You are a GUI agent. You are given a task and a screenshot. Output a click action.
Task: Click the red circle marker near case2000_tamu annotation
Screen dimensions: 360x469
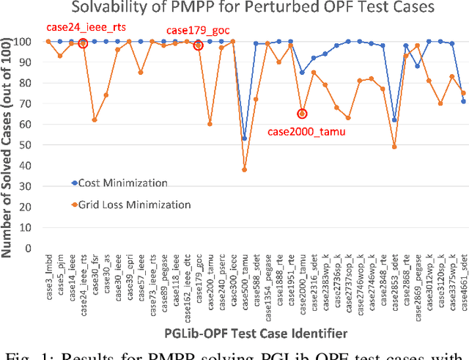(x=302, y=114)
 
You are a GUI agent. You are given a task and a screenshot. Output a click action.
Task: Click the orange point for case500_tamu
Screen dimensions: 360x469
(x=244, y=169)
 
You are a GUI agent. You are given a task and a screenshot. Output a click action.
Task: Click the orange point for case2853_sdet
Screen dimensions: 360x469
(x=394, y=147)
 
